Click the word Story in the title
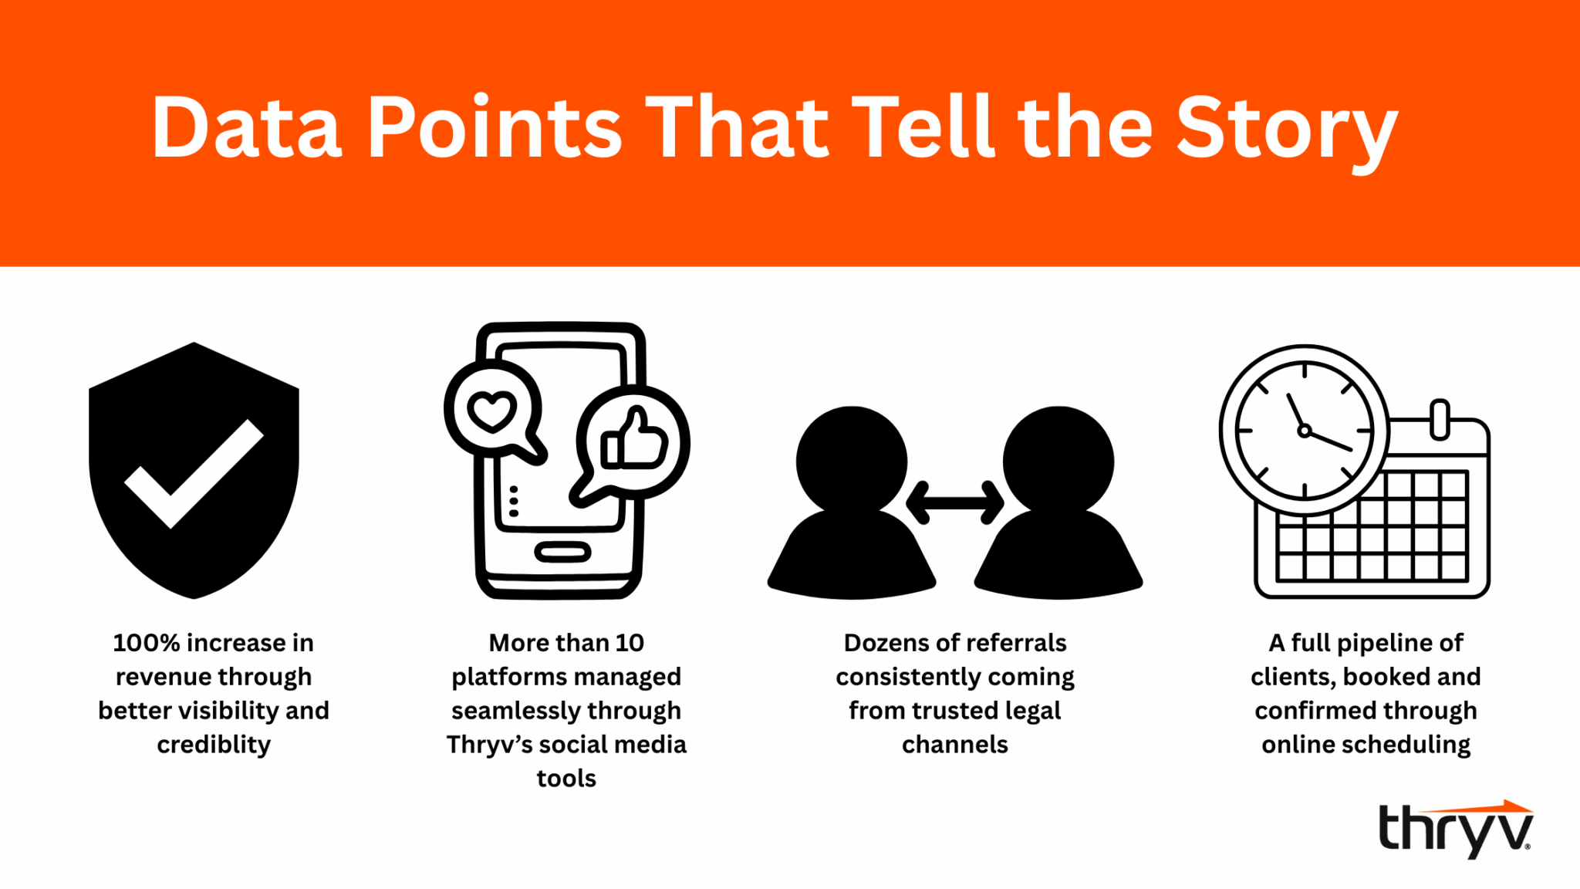coord(1287,130)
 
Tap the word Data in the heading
coord(247,127)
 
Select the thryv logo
coord(1455,829)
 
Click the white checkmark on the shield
coord(194,474)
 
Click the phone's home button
coord(562,552)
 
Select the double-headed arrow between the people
coord(954,503)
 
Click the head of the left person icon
coord(852,461)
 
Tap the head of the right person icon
coord(1058,461)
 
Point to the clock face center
coord(1304,431)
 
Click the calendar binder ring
coord(1440,420)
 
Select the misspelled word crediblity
coord(214,745)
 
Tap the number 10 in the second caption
coord(630,643)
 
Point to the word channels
coord(955,745)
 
